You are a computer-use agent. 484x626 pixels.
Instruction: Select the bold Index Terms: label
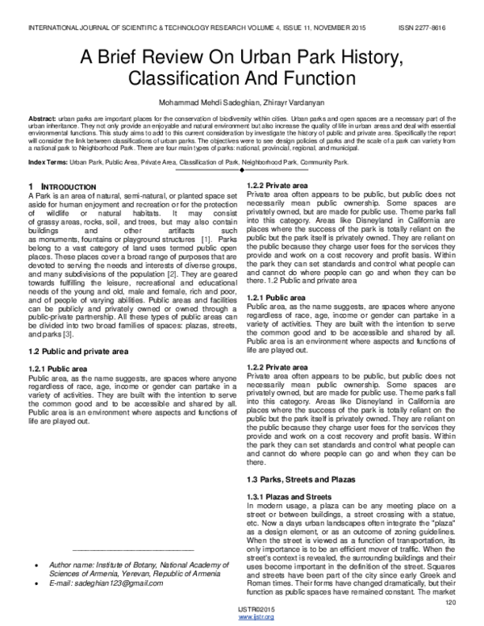tap(48, 162)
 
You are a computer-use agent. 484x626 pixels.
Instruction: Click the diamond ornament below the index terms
tap(242, 172)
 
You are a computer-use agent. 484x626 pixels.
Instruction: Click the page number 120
tap(450, 602)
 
